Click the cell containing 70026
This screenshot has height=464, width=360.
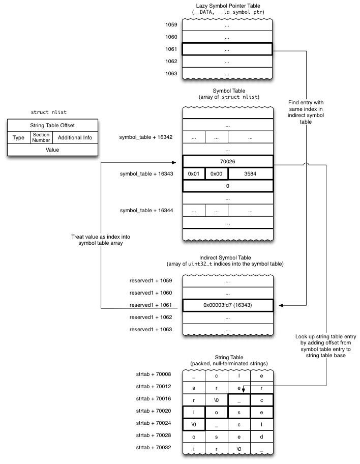coord(227,161)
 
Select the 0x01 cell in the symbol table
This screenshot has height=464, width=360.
coord(194,173)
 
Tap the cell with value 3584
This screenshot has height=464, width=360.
coord(250,173)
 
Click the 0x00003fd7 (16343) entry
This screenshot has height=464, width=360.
coord(227,305)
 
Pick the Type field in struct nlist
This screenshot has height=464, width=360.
coord(18,138)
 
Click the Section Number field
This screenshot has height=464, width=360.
coord(41,137)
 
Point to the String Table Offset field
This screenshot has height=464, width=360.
coord(52,125)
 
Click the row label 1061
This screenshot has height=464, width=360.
coord(171,49)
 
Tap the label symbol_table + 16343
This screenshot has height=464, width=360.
coord(146,173)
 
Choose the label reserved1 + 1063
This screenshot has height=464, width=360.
coord(151,330)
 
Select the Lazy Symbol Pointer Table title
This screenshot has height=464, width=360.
coord(227,5)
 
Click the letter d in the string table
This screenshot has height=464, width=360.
coord(261,437)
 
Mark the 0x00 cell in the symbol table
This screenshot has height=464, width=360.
coord(216,173)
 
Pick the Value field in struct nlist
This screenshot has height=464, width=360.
coord(52,150)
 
